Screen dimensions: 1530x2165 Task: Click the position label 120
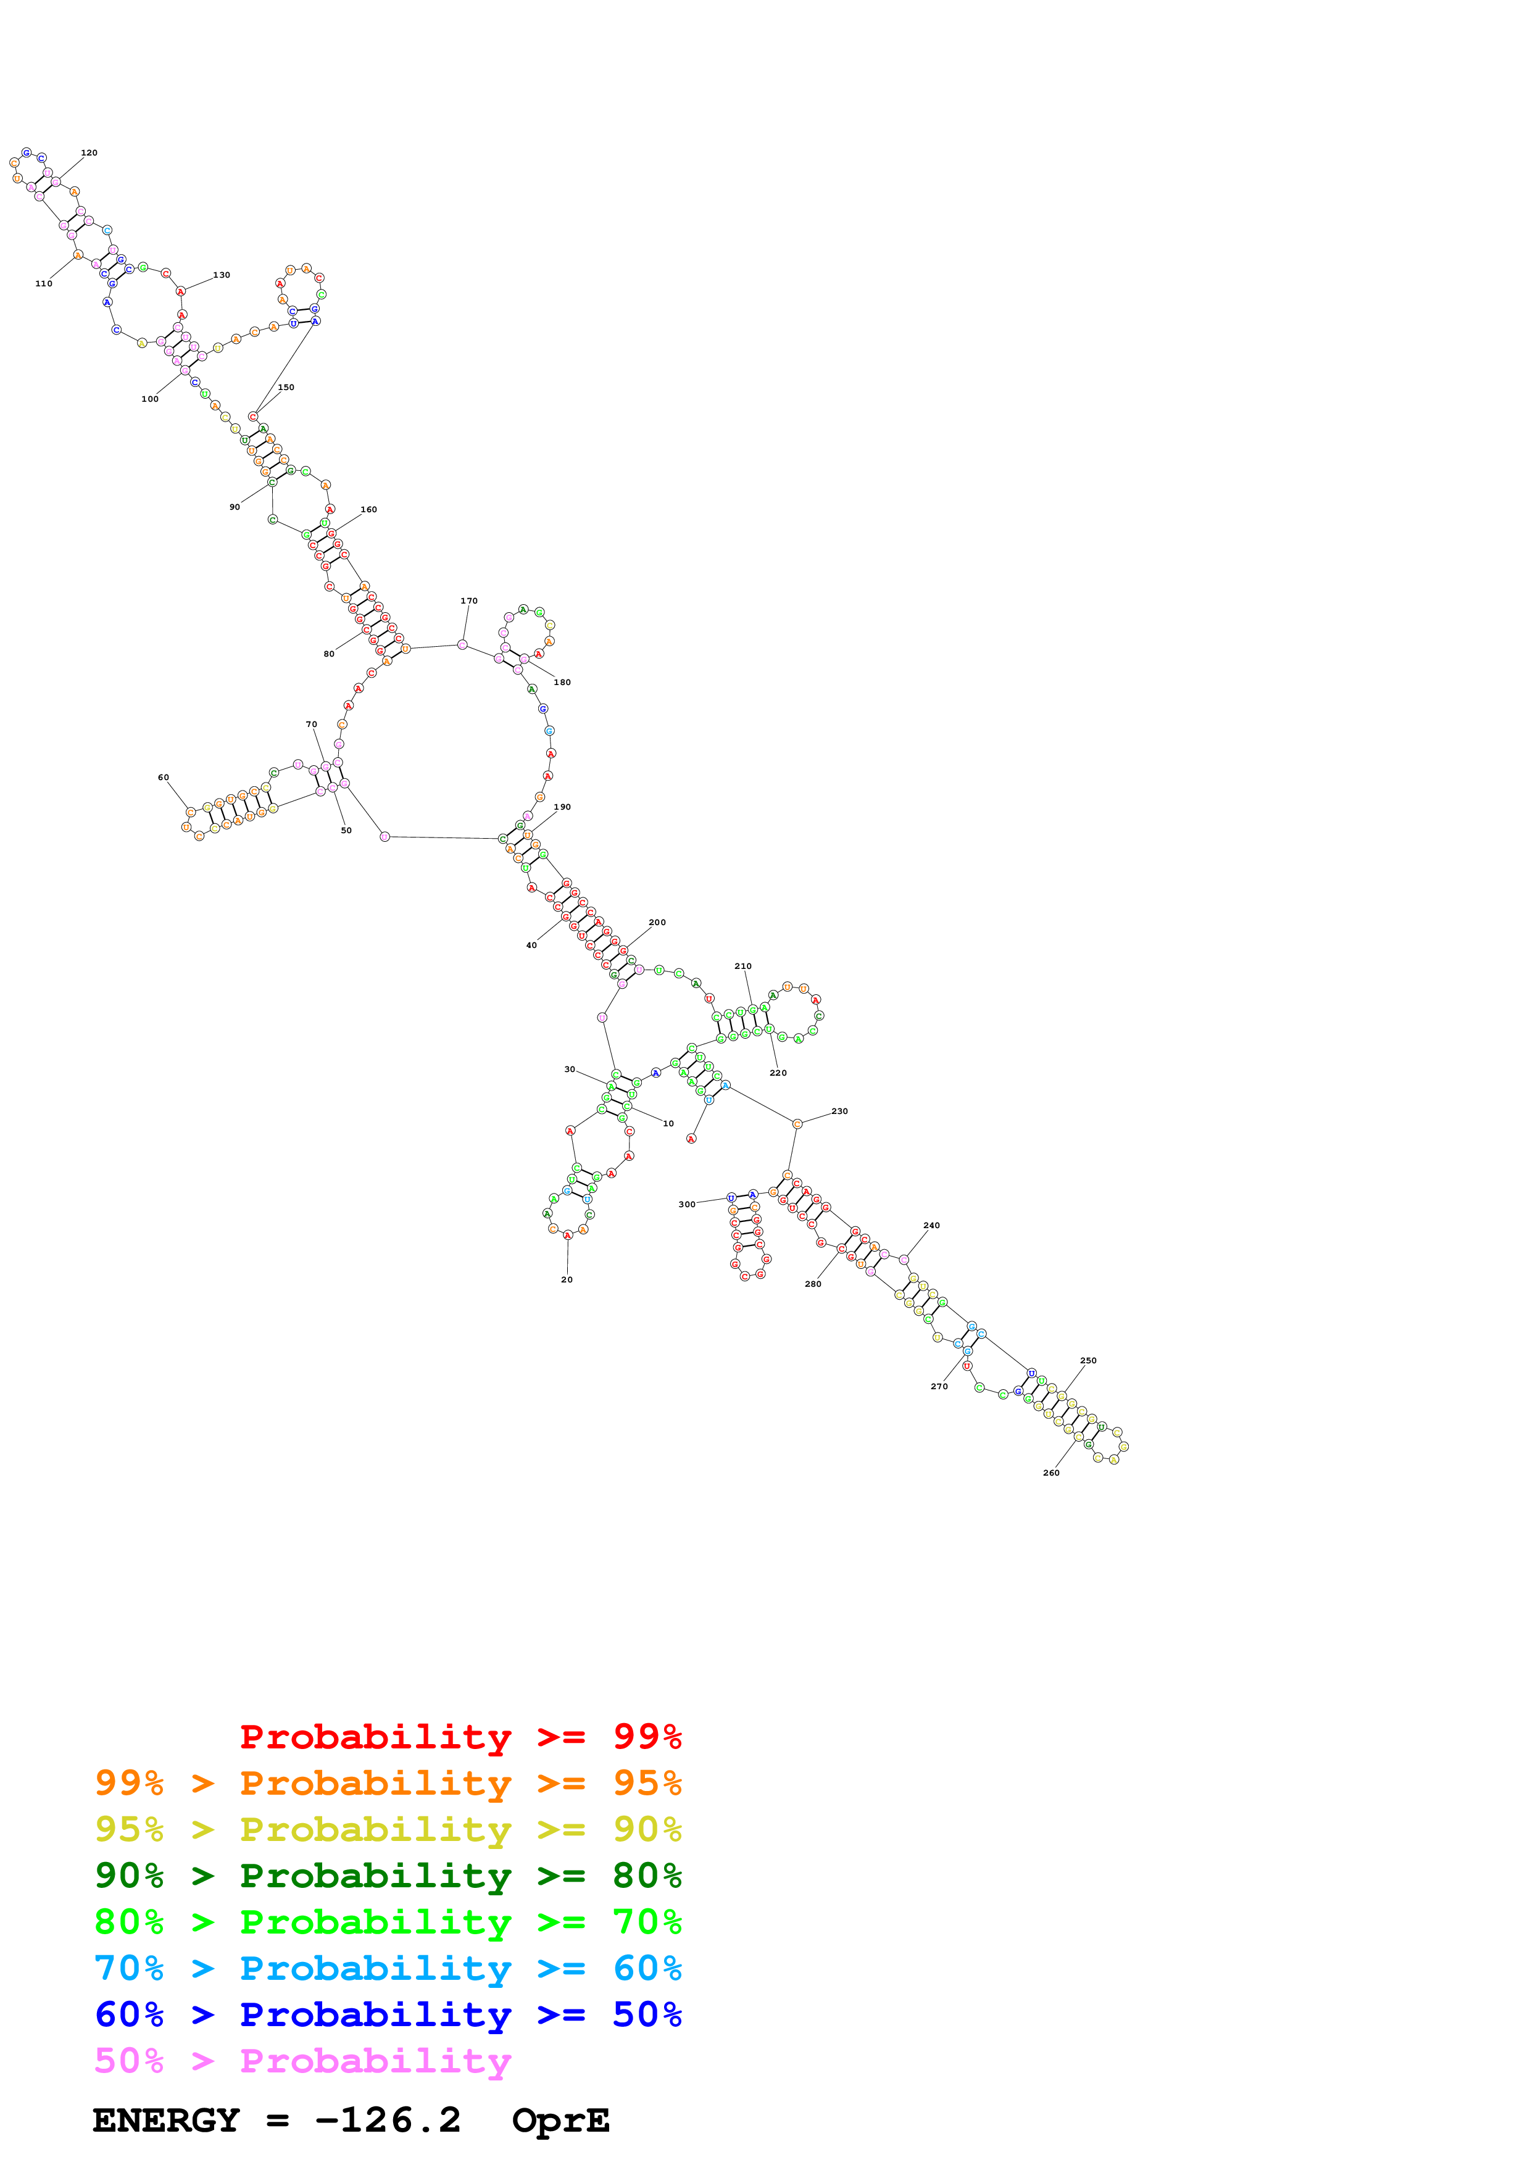[89, 153]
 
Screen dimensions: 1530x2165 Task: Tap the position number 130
[222, 275]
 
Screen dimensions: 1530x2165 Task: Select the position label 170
[468, 600]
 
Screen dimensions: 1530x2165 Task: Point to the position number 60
[163, 778]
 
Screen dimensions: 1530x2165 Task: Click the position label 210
[743, 966]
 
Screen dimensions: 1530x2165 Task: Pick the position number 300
[686, 1204]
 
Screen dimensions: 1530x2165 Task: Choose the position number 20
[567, 1279]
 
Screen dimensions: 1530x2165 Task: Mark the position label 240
[931, 1226]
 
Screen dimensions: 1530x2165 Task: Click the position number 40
[531, 945]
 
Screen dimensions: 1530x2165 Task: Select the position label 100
[150, 399]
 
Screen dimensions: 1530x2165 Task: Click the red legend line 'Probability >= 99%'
[460, 1736]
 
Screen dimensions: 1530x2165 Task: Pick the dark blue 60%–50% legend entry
[388, 2014]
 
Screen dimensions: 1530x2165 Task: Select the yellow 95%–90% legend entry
[388, 1829]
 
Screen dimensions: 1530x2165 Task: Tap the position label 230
[839, 1112]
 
